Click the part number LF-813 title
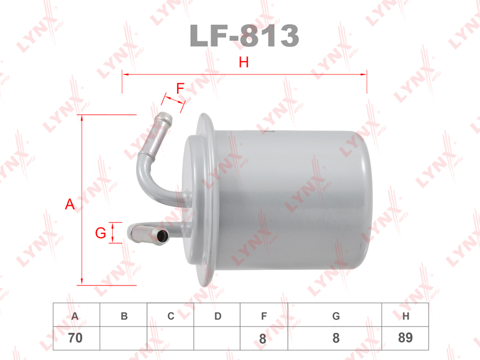pos(244,35)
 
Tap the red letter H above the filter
pos(244,62)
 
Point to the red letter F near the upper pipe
pos(180,88)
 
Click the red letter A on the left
pos(70,204)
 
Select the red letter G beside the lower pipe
pos(100,233)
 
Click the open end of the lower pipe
pos(162,236)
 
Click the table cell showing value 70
pos(76,338)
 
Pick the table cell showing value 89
pos(406,338)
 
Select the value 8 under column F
pos(263,339)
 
